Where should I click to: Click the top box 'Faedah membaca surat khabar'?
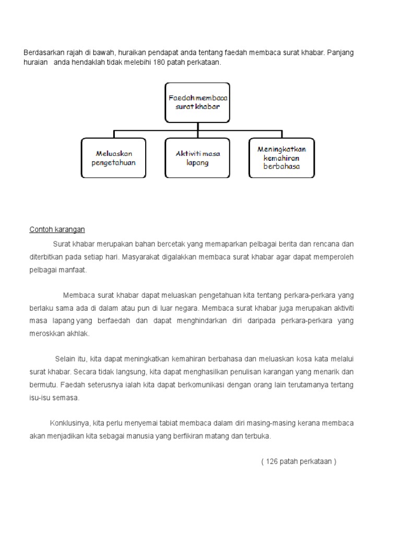click(197, 102)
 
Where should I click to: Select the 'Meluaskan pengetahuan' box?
click(114, 158)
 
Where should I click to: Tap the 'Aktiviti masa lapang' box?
click(197, 158)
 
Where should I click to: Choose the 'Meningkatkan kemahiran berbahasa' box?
click(281, 158)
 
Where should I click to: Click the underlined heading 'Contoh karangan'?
click(57, 229)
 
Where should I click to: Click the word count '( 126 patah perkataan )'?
click(299, 462)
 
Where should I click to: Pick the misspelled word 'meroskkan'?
click(45, 334)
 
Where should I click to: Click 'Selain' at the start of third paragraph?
click(66, 359)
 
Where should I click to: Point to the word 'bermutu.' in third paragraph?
click(43, 385)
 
